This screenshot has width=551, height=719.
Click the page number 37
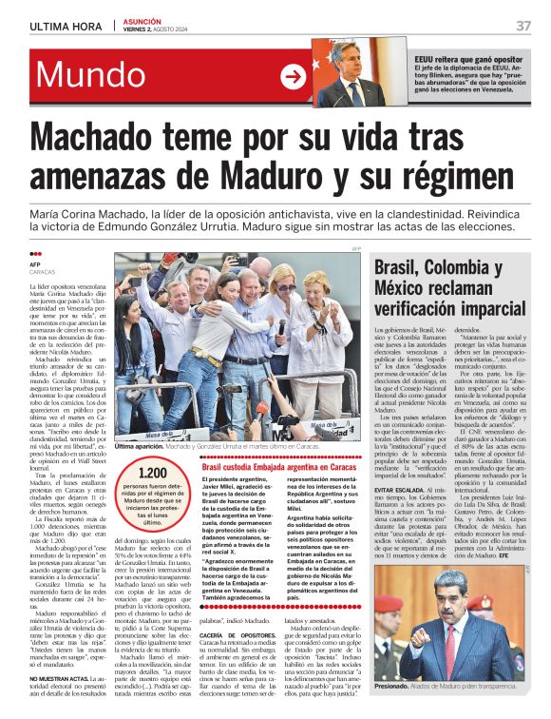point(523,26)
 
